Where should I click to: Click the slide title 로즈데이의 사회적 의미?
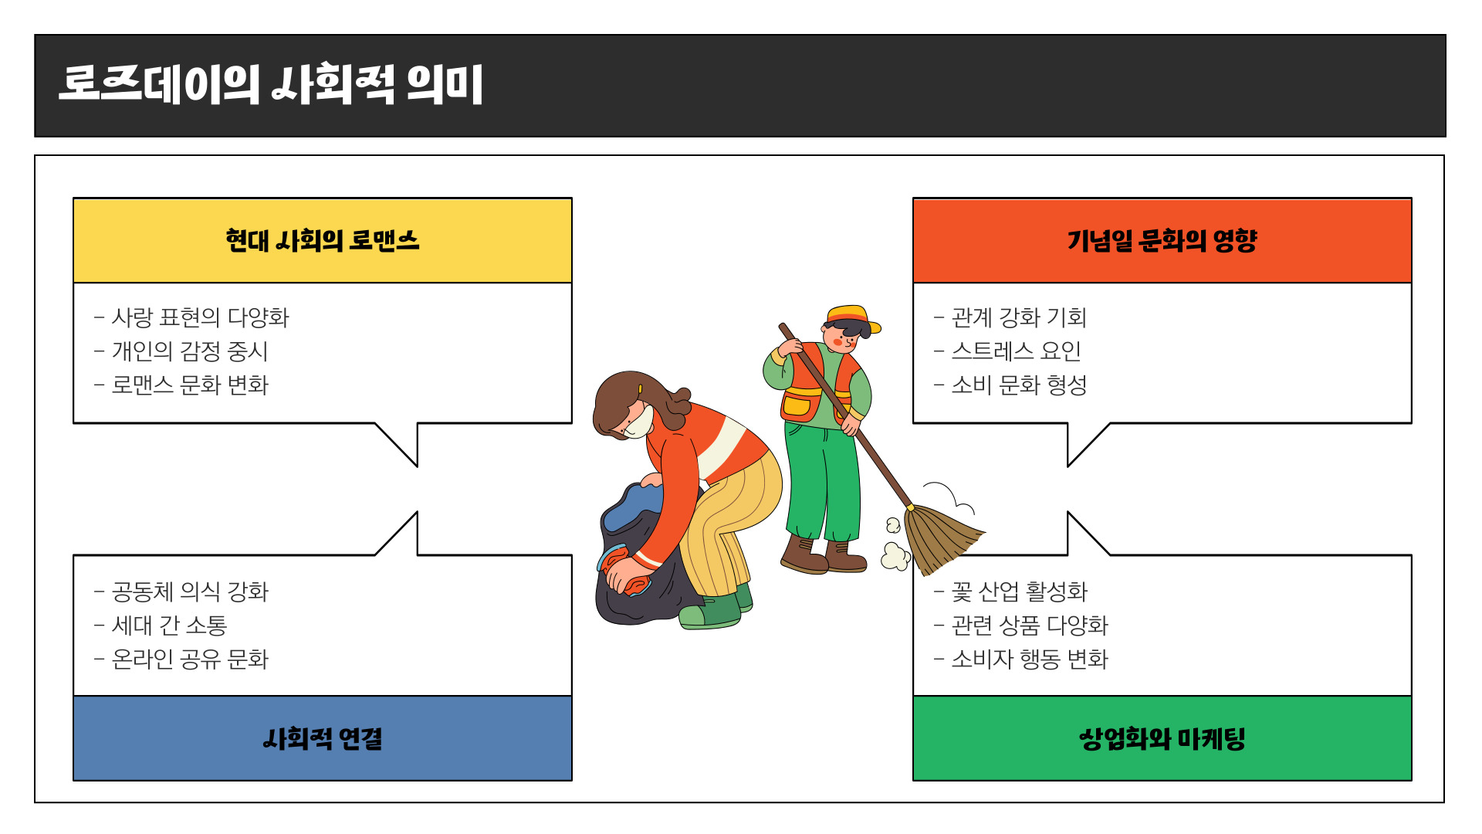point(270,85)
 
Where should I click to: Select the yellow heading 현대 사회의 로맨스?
point(322,241)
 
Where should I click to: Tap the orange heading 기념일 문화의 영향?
point(1162,241)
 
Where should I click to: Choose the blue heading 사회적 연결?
point(322,739)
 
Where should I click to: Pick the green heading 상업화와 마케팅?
point(1162,739)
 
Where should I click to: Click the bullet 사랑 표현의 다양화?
point(200,317)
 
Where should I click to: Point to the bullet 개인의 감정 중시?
point(190,351)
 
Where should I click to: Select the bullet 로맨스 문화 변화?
point(190,385)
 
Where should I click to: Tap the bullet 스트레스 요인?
point(1016,351)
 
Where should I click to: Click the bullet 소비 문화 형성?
point(1019,385)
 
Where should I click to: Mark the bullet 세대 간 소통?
point(169,625)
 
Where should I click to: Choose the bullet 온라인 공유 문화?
point(190,659)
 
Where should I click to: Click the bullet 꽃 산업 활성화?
point(1019,592)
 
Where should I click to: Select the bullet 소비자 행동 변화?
point(1030,659)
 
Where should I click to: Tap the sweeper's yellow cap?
point(849,315)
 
